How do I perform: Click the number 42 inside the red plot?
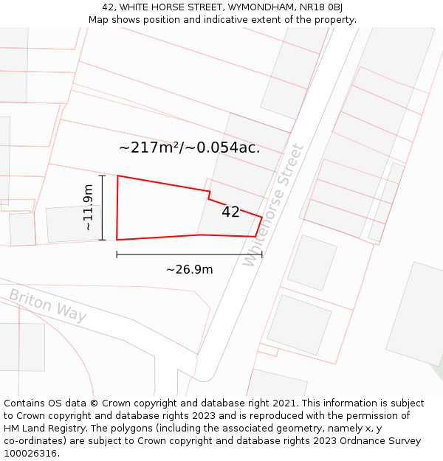click(x=230, y=212)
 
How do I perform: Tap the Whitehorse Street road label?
click(x=274, y=204)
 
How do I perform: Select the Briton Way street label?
click(x=47, y=305)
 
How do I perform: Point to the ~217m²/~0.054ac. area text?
click(x=189, y=148)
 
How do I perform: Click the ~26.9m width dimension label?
click(x=189, y=269)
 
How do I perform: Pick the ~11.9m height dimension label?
click(x=88, y=207)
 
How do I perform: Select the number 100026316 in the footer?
click(x=29, y=454)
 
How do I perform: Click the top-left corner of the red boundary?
click(x=117, y=176)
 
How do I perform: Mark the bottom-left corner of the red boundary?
click(x=117, y=240)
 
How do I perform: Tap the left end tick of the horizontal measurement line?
click(x=117, y=254)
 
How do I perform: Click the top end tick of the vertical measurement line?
click(x=102, y=176)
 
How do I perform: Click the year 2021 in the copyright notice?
click(x=283, y=403)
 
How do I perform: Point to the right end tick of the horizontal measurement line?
click(x=261, y=254)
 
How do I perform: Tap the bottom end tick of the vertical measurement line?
click(x=102, y=240)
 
